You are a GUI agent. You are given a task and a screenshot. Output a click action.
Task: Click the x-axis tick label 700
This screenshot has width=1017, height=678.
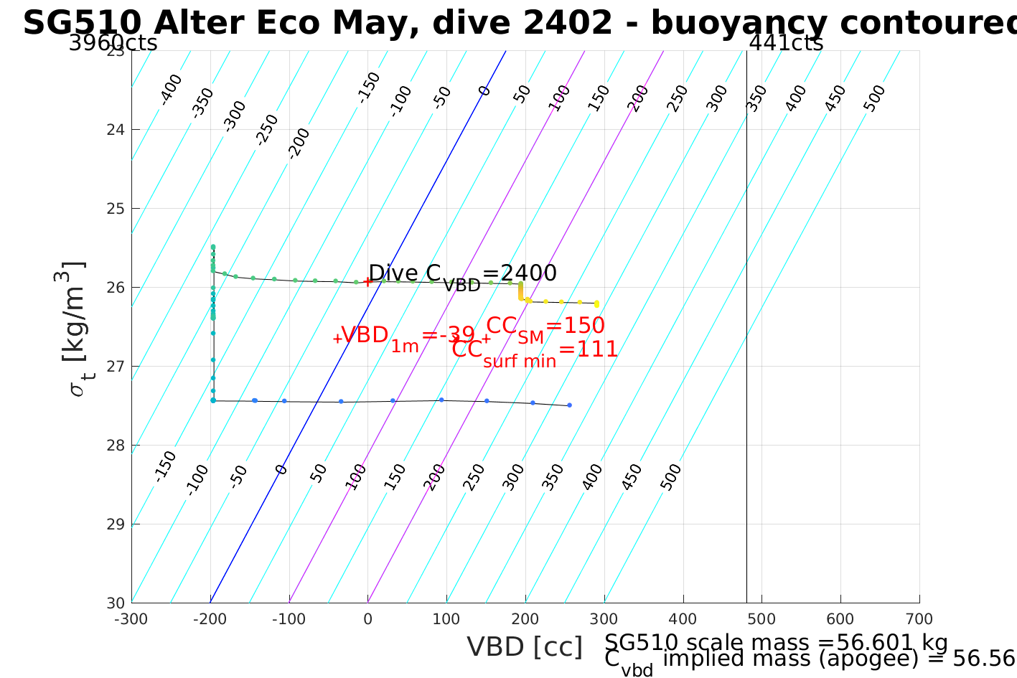click(919, 619)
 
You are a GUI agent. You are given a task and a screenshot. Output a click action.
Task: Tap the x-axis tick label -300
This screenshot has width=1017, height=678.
click(131, 619)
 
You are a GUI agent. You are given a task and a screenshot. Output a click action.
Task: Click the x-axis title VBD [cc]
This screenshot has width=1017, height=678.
click(525, 647)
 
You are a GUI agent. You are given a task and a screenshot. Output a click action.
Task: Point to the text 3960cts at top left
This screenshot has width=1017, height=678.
click(113, 44)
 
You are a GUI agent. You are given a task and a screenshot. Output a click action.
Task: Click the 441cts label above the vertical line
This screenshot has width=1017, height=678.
click(786, 44)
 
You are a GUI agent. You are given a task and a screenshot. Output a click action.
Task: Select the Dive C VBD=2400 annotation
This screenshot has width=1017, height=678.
click(462, 274)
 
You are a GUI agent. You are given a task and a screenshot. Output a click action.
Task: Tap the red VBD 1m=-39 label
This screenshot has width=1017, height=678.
click(407, 336)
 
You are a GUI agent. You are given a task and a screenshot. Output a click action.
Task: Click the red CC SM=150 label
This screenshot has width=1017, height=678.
click(545, 326)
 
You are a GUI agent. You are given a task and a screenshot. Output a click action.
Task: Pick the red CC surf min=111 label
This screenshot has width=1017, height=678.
click(535, 351)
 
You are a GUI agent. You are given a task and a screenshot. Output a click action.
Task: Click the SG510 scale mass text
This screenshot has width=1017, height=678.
click(776, 643)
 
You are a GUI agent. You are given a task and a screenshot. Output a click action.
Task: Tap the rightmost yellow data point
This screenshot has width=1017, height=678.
click(596, 304)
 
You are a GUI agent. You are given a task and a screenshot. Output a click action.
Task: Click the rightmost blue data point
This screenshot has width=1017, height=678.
click(569, 405)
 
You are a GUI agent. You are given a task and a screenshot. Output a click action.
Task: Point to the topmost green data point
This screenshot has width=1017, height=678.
click(213, 247)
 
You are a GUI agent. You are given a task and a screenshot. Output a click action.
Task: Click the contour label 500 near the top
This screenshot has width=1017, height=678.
click(874, 98)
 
